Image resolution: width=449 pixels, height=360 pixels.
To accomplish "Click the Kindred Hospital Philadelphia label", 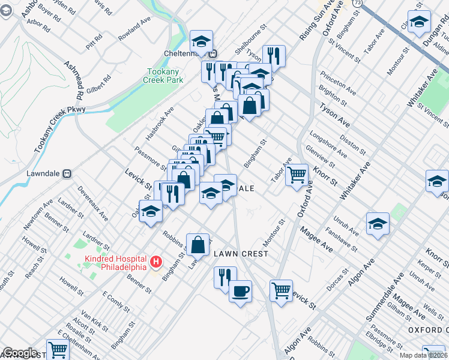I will click(x=115, y=262).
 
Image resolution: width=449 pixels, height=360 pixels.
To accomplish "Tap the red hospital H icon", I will click(x=155, y=262).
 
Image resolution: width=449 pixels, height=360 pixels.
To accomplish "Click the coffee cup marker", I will click(x=240, y=291).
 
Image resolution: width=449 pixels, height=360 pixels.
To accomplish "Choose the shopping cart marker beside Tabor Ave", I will click(x=296, y=175).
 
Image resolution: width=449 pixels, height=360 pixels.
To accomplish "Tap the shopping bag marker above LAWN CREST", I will click(x=197, y=244).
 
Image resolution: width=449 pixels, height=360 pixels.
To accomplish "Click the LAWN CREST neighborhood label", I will click(x=241, y=254).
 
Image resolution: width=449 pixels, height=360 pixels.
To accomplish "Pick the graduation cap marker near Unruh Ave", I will click(x=378, y=224).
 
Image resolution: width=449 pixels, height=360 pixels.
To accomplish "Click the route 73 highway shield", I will click(x=357, y=4).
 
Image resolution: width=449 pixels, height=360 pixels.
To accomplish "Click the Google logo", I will click(x=20, y=353).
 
